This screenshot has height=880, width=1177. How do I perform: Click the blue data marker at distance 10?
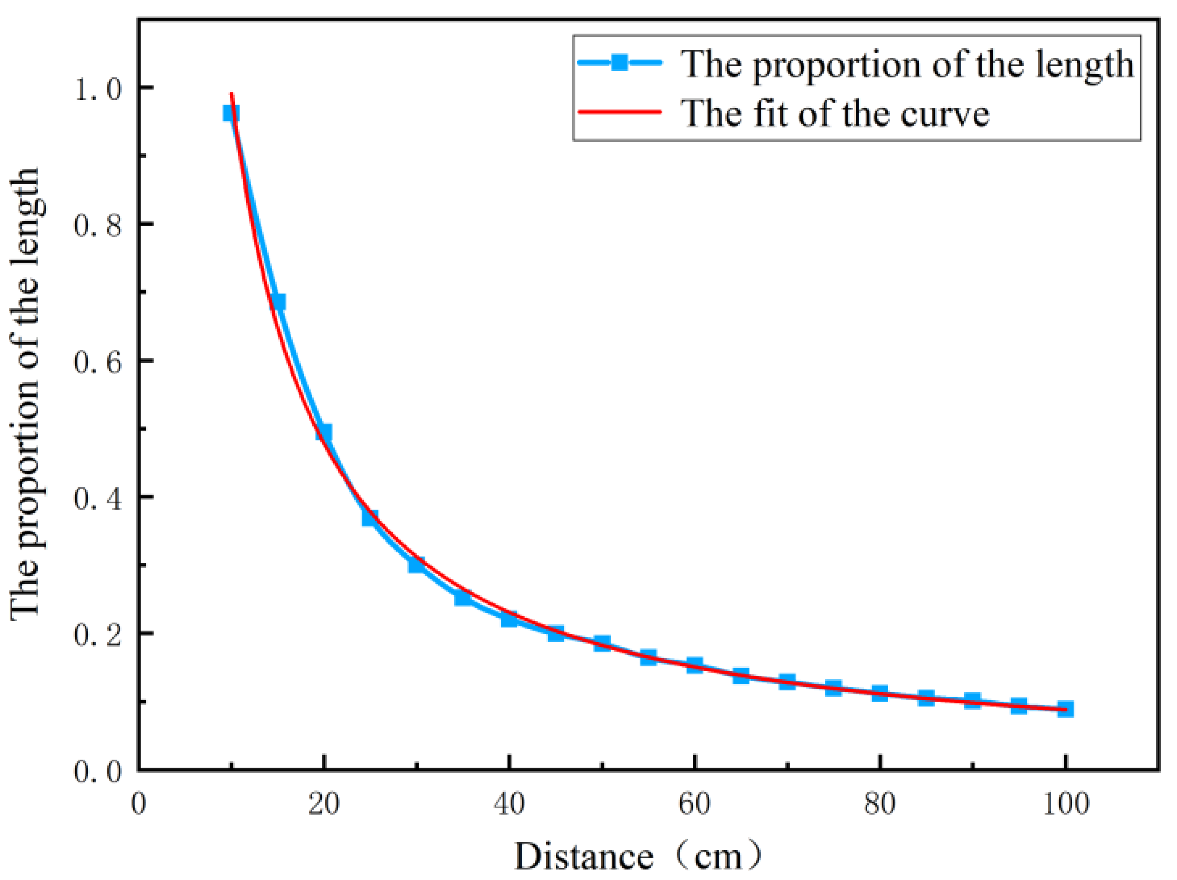(231, 113)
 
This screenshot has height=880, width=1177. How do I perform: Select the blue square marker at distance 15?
(277, 302)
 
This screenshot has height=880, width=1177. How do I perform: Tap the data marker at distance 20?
(324, 432)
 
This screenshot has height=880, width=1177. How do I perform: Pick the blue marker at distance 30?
(417, 564)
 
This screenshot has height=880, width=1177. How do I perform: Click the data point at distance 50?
(602, 643)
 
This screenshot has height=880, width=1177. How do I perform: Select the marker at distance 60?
(695, 665)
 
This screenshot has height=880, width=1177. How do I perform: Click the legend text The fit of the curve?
(835, 113)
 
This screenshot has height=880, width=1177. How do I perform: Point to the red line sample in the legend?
(620, 112)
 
